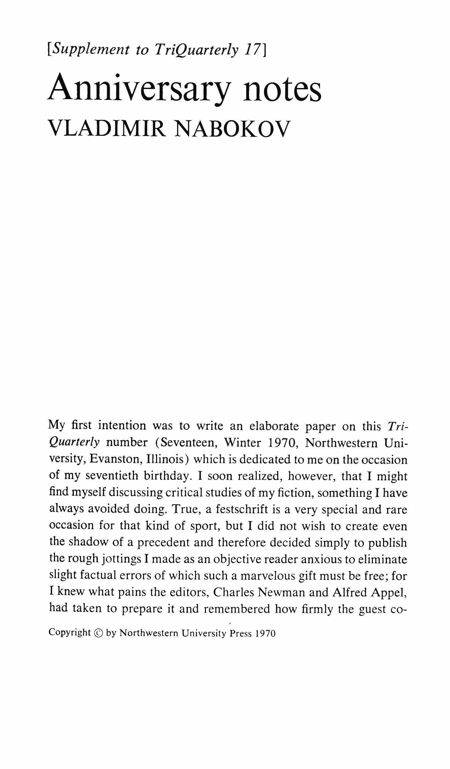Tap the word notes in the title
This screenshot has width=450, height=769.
pyautogui.click(x=282, y=90)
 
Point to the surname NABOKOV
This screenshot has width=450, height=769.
pyautogui.click(x=232, y=129)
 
